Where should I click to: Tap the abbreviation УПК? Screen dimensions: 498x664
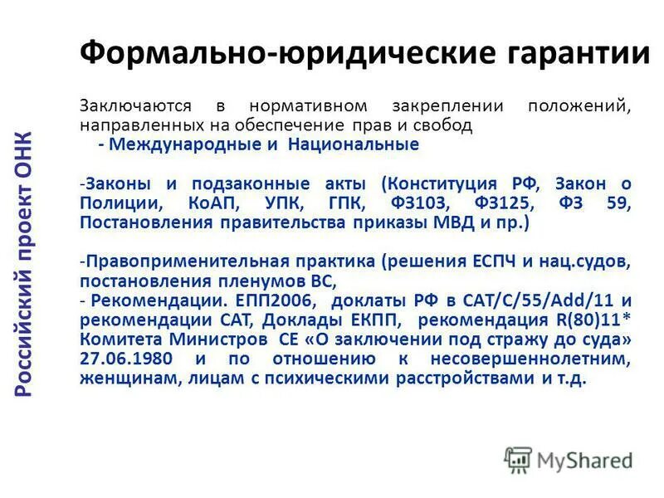pyautogui.click(x=285, y=204)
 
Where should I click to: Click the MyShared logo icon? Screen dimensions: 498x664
pyautogui.click(x=518, y=459)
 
